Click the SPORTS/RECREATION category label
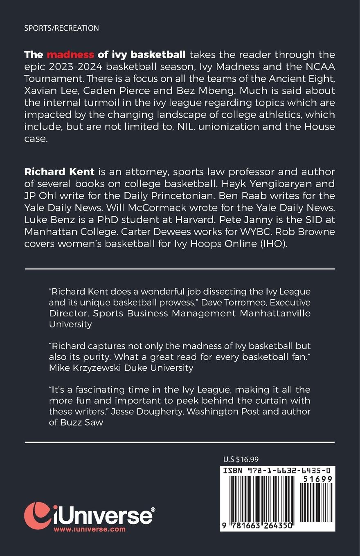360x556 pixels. (61, 28)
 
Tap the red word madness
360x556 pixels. (70, 54)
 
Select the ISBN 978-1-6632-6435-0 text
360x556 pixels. (277, 471)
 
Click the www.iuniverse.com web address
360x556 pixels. (90, 529)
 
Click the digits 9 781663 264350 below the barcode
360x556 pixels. (257, 526)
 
